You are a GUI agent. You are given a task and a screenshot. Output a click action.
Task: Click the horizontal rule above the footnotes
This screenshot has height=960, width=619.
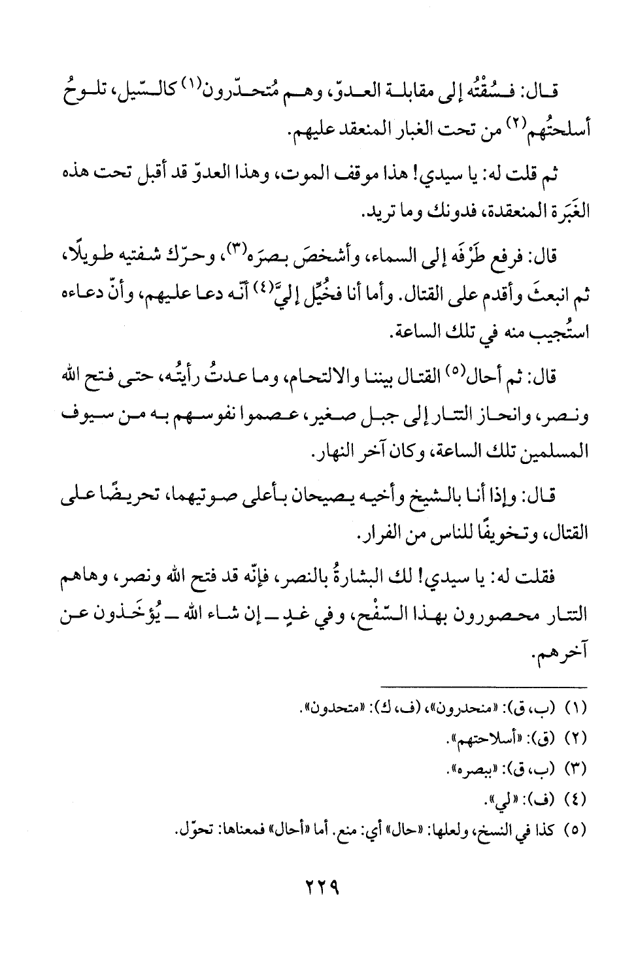486,686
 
